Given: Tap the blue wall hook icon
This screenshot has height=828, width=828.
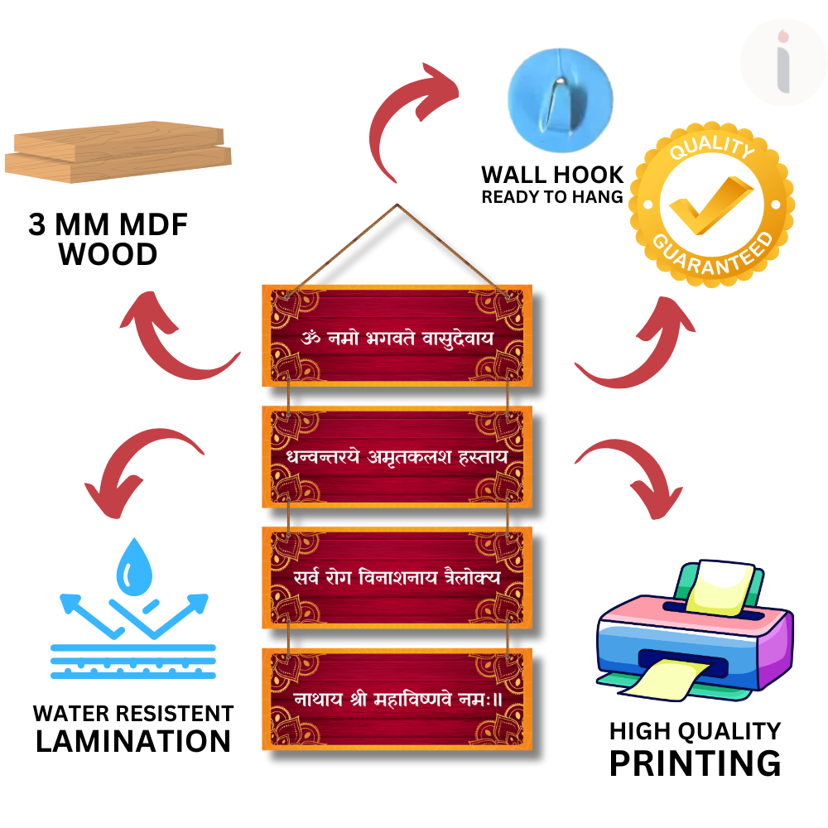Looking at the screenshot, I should pos(560,89).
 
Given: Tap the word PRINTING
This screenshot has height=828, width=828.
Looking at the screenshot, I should pos(695,763).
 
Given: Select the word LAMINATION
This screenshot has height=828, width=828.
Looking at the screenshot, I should pos(133,740).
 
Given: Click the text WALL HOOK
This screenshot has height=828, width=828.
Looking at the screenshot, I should pos(552,175).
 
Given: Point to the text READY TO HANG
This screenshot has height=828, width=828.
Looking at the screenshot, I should pos(552,197).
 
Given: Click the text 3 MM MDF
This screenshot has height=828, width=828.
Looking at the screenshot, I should pos(108,225).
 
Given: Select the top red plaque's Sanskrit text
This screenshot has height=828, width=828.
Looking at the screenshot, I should pos(397,338).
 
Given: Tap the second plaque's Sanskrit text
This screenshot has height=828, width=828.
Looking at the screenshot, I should pos(397,457).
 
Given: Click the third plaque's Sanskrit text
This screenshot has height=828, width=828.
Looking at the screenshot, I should pos(397,577).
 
